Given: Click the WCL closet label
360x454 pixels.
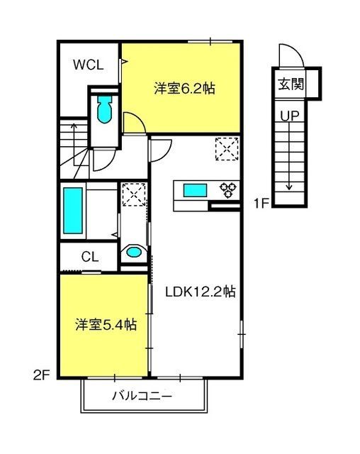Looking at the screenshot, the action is [x=88, y=65].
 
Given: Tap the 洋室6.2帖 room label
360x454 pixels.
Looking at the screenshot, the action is [x=184, y=88].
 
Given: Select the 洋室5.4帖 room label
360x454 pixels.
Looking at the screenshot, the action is [x=106, y=325].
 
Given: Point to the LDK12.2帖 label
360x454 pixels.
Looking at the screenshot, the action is [x=200, y=292].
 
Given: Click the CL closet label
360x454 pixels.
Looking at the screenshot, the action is [x=90, y=257].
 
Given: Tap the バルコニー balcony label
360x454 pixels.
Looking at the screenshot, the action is [x=142, y=395].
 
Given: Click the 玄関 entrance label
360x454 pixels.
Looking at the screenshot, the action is [x=291, y=84].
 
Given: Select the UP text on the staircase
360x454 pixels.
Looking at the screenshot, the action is [x=290, y=116].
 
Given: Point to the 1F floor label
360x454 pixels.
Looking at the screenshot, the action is [x=261, y=203].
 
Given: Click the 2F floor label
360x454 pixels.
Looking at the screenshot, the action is [x=42, y=375].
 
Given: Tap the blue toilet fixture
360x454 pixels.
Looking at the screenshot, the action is [x=104, y=109].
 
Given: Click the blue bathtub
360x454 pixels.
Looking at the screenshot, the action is [x=73, y=211].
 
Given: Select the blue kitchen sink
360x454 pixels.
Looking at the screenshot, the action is [x=196, y=191].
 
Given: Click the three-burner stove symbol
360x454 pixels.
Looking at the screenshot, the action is [x=228, y=190].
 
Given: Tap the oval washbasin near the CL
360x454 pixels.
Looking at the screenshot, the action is [x=133, y=252].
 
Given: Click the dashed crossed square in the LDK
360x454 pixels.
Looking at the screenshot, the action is [x=227, y=149].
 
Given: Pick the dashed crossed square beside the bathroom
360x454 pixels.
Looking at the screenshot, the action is [x=134, y=194].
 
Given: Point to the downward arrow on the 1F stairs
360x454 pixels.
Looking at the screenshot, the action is [x=289, y=155].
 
